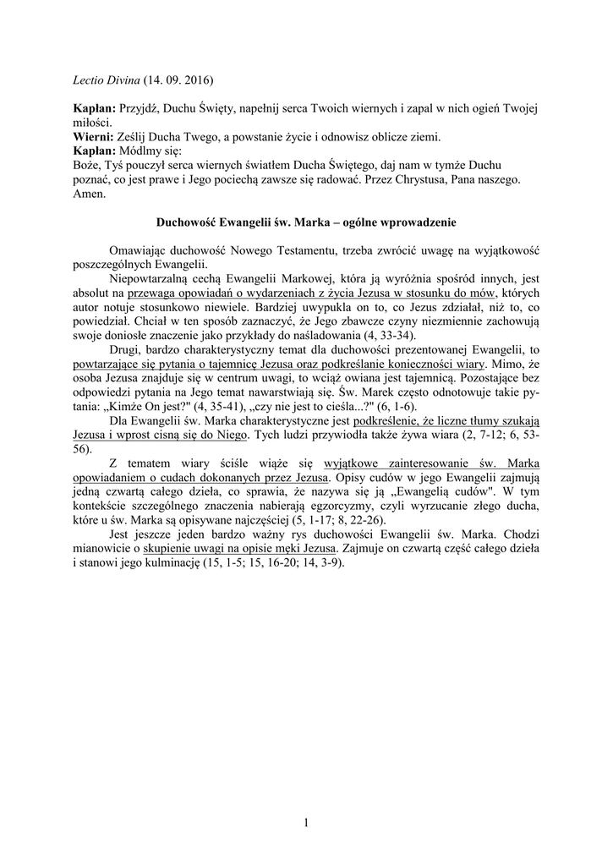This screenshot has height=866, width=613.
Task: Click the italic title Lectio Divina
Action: [x=100, y=81]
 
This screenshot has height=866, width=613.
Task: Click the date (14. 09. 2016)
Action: [x=178, y=81]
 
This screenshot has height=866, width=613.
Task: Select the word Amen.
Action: [x=88, y=194]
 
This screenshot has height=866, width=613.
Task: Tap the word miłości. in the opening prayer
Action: [x=86, y=122]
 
